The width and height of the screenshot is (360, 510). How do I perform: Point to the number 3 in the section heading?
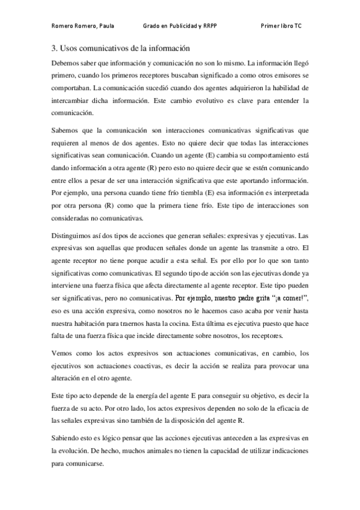coord(53,48)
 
